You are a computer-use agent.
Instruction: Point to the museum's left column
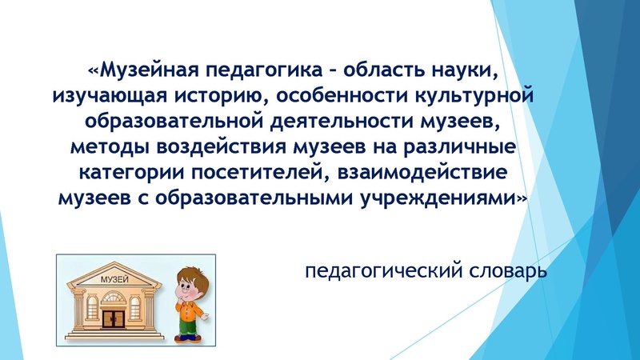(78, 314)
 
